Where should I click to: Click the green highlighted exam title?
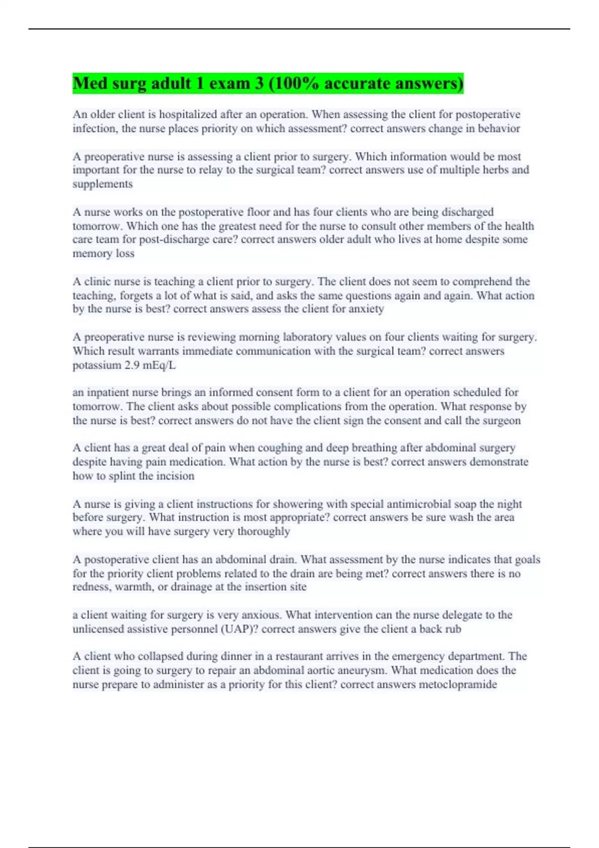point(268,83)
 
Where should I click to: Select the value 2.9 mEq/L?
point(150,365)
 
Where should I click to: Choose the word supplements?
point(102,184)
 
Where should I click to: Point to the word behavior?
point(499,129)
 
